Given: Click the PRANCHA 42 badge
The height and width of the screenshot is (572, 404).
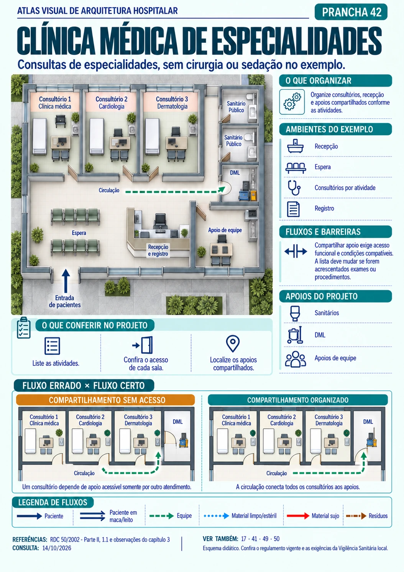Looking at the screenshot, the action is (351, 12).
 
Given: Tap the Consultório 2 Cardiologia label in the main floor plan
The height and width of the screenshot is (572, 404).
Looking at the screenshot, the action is (111, 103).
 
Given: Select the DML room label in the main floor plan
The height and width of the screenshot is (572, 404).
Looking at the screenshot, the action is (235, 173).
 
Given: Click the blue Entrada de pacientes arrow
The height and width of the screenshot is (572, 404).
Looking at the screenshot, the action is (66, 281).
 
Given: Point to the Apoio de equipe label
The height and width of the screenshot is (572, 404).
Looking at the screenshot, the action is (225, 230).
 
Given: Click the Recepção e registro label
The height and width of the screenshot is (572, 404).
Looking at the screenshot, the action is (158, 250).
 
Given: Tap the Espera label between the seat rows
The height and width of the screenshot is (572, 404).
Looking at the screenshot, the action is (79, 233).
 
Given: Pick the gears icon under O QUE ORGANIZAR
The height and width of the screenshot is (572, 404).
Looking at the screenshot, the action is (292, 102).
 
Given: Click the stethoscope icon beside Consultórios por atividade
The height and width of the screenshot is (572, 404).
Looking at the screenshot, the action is (294, 188).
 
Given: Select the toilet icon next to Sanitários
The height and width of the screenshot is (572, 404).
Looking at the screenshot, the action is (295, 313).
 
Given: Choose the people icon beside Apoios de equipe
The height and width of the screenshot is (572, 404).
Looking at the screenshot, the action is (295, 359).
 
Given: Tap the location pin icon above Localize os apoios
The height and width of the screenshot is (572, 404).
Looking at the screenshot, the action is (233, 344).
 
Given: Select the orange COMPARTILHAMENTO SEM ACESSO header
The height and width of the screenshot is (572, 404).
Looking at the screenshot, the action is (105, 400).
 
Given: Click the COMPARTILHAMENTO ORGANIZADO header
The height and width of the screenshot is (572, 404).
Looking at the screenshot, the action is (298, 400).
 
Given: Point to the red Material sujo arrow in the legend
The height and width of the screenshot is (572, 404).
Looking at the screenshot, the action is (298, 516).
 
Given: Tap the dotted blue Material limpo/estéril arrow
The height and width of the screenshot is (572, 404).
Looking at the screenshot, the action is (217, 516).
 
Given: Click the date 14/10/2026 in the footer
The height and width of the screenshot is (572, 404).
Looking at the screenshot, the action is (57, 548).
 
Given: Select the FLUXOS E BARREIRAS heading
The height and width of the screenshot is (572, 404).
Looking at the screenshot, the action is (323, 232).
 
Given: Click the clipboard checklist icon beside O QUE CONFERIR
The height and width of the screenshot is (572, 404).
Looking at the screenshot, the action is (23, 328).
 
